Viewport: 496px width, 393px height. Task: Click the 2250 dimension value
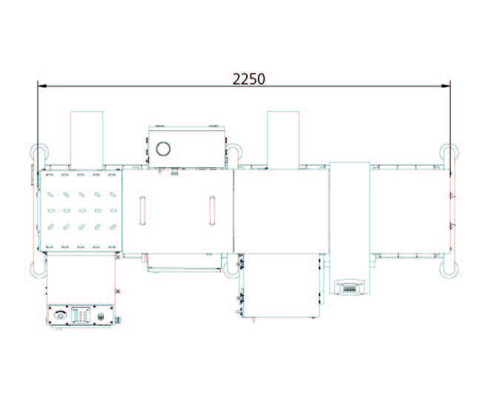pyautogui.click(x=249, y=79)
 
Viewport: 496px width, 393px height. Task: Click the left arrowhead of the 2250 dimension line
pyautogui.click(x=42, y=87)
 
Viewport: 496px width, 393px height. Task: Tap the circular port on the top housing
pyautogui.click(x=163, y=148)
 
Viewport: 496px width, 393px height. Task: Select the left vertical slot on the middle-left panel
pyautogui.click(x=141, y=210)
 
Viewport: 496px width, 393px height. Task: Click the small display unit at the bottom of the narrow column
pyautogui.click(x=348, y=287)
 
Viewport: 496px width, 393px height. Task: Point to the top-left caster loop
pyautogui.click(x=39, y=155)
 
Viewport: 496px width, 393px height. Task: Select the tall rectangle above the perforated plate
pyautogui.click(x=86, y=139)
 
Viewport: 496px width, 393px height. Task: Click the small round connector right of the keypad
pyautogui.click(x=102, y=316)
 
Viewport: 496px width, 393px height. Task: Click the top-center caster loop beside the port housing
pyautogui.click(x=233, y=155)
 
